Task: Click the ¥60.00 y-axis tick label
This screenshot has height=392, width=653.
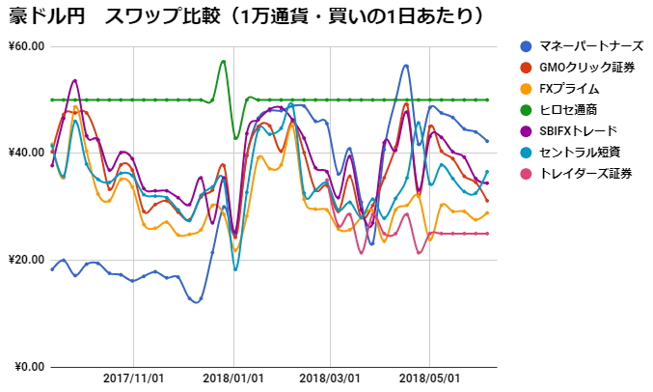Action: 26,46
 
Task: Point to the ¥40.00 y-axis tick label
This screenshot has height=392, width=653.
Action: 26,153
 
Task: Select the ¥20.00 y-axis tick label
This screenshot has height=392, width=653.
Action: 26,260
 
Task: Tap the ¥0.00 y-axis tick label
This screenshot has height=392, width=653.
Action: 29,367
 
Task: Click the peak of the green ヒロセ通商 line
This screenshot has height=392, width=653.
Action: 224,61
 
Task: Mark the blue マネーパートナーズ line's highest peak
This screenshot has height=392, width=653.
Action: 407,66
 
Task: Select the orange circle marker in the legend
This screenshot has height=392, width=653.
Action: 525,89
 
